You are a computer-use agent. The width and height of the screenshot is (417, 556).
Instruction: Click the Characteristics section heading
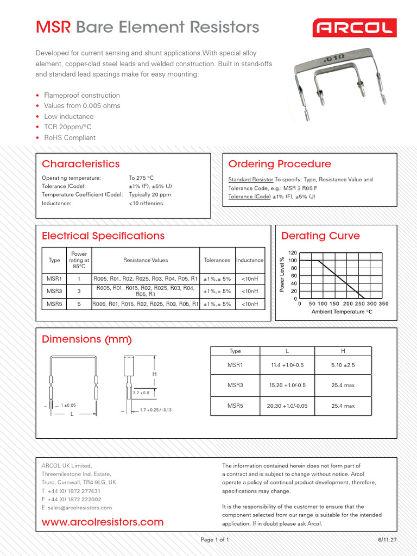[80, 164]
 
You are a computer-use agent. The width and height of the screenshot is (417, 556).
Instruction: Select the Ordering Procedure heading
[279, 164]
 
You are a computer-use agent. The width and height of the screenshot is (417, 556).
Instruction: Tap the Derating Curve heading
[320, 236]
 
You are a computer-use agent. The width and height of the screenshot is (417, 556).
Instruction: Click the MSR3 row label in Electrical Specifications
[54, 290]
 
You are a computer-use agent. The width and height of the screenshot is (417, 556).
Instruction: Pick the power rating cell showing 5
[79, 304]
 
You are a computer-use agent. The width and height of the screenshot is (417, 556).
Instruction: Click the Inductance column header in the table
[250, 260]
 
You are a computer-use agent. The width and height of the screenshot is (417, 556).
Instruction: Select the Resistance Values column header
[146, 260]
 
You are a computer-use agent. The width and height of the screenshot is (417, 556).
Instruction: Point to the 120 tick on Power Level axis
[292, 253]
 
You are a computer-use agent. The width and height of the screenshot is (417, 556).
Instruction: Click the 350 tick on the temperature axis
[383, 304]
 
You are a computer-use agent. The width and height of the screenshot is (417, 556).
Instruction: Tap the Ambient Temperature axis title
[342, 312]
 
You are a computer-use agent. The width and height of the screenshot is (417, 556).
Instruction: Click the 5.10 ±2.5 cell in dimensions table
[343, 365]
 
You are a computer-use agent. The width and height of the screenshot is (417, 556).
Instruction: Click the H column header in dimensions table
[343, 351]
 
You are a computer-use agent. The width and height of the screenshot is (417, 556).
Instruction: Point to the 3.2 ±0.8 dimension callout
[141, 392]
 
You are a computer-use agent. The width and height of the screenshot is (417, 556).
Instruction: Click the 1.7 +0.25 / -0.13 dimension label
[155, 410]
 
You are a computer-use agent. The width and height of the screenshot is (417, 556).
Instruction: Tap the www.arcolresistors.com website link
[103, 522]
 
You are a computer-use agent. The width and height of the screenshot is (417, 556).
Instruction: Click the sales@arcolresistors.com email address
[80, 508]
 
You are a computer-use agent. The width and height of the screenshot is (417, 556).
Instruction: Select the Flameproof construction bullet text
[82, 96]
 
